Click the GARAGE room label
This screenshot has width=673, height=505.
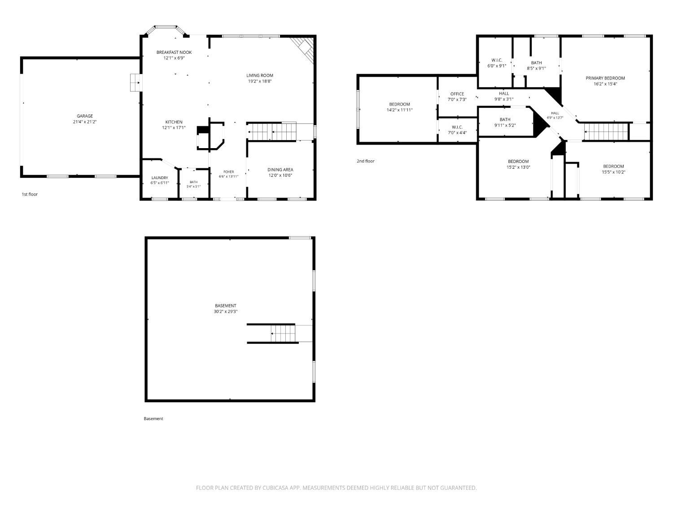point(85,116)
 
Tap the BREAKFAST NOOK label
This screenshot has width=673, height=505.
point(174,53)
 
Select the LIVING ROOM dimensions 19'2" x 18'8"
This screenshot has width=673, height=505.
point(260,81)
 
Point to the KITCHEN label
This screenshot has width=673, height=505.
point(174,122)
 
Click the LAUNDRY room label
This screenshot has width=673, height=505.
point(160,178)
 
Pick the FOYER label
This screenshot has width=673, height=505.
point(228,172)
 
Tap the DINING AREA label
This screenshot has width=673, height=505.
point(280,170)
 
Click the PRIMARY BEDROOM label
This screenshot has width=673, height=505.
point(605,78)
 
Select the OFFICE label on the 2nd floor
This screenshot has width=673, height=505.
point(457,94)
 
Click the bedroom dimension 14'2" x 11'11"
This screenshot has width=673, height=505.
point(399,110)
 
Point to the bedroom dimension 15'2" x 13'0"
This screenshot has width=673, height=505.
point(518,167)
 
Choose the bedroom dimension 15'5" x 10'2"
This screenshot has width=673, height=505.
point(613,172)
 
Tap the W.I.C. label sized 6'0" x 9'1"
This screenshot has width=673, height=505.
point(497,61)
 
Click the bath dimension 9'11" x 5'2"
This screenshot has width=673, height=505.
point(505,125)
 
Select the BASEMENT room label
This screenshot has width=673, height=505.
point(225,306)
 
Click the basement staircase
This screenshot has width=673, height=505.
point(283,333)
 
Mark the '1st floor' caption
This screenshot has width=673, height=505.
point(30,194)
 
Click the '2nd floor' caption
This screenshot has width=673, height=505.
point(366,161)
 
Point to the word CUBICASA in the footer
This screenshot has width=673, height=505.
point(275,488)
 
